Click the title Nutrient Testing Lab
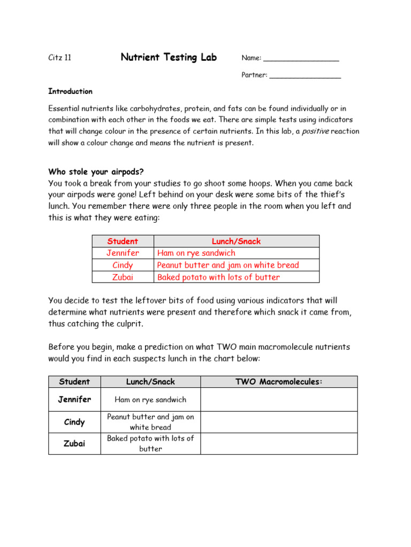[169, 57]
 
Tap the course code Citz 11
[60, 58]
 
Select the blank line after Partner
[305, 76]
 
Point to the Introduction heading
[70, 91]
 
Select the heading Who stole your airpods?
[96, 171]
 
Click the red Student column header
[123, 241]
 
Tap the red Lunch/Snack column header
[236, 241]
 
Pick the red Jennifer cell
[123, 253]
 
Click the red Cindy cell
[123, 265]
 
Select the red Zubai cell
[123, 277]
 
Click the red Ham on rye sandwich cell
[196, 253]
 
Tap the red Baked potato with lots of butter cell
[218, 277]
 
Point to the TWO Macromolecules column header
[279, 381]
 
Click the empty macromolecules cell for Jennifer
[279, 400]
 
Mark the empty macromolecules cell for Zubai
[279, 443]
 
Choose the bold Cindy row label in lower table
[74, 422]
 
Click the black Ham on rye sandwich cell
[150, 400]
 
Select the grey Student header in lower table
[74, 381]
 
